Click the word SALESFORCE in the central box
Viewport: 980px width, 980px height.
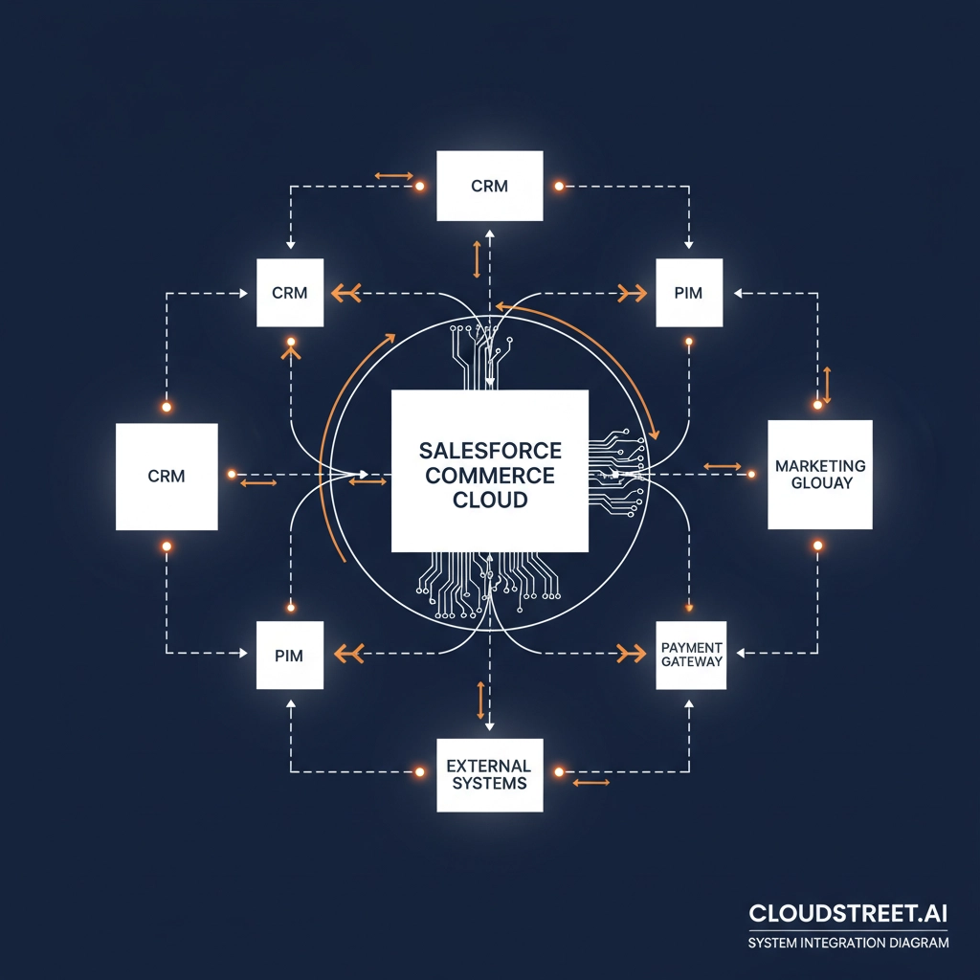tap(490, 450)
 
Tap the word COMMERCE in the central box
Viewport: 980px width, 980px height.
tap(490, 475)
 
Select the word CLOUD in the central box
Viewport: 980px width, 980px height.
tap(490, 500)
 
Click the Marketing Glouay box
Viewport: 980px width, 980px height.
tap(820, 475)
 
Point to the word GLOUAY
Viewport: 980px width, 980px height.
tap(820, 483)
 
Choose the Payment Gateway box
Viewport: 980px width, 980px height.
tap(691, 655)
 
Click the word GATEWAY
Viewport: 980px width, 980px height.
tap(691, 662)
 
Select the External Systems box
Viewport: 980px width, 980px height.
tap(489, 774)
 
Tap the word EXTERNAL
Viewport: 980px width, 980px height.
tap(489, 766)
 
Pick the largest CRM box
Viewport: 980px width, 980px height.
tap(167, 476)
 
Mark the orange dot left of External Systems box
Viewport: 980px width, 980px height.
tap(419, 770)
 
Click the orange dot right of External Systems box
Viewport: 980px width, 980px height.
tap(559, 770)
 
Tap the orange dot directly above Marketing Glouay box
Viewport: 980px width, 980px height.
tap(817, 406)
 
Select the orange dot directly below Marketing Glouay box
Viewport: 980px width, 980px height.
tap(817, 545)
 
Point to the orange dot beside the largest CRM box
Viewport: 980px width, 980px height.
tap(231, 474)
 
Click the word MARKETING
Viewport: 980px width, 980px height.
tap(820, 466)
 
